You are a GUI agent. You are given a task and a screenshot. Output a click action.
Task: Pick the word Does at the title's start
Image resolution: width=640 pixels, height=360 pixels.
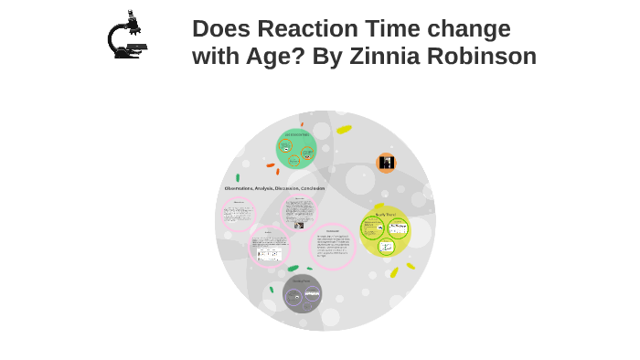click(219, 29)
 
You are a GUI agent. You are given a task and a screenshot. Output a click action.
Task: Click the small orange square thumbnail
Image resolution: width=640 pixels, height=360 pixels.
click(386, 164)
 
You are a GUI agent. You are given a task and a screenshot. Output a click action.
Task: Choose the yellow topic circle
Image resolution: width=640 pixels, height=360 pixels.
click(385, 232)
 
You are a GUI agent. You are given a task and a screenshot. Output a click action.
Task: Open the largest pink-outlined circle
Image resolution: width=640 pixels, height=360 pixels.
click(331, 247)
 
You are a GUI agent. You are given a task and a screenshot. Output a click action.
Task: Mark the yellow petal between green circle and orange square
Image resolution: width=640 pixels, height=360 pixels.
click(344, 130)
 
